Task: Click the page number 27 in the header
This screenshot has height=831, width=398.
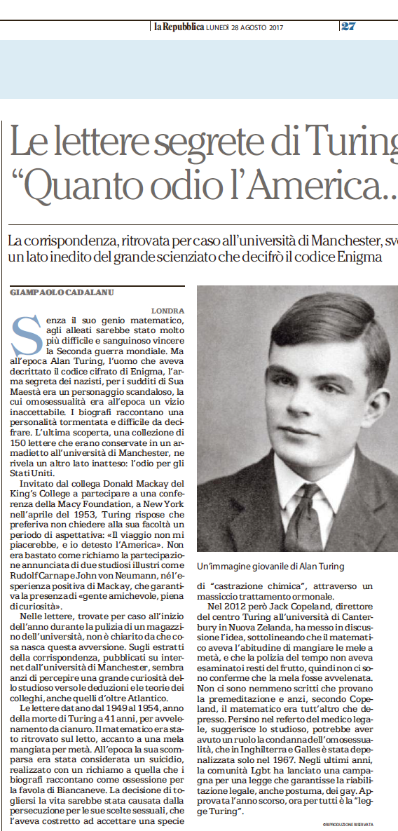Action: (x=348, y=27)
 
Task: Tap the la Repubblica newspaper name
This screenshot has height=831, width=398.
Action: (x=179, y=27)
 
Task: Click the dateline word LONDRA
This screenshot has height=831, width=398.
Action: (x=167, y=310)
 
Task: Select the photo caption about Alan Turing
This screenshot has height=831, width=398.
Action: (x=270, y=565)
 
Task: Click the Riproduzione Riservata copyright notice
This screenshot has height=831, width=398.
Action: (x=348, y=823)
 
